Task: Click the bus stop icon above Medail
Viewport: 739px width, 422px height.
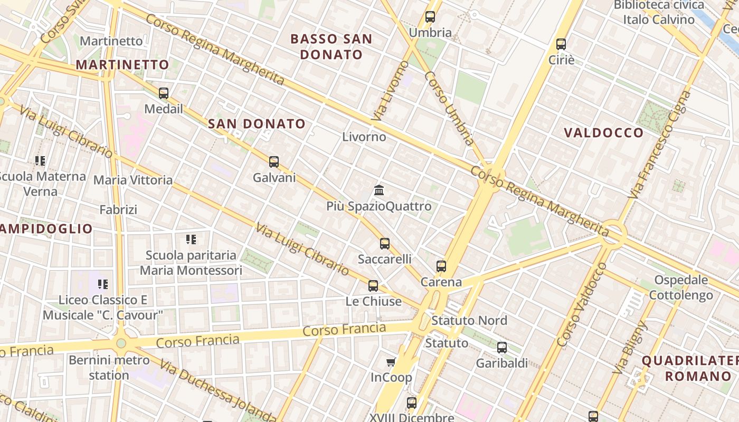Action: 164,93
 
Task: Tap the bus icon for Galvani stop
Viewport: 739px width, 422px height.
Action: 273,162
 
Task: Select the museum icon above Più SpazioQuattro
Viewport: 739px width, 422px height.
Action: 378,190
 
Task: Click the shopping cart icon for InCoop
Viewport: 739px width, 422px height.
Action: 391,362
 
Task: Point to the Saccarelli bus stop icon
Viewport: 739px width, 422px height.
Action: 385,244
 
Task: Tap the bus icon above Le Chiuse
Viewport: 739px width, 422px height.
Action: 373,286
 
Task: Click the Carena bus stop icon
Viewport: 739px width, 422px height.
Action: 441,266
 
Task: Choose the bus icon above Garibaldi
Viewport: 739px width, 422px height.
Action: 502,348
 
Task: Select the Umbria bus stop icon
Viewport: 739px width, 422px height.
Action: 430,17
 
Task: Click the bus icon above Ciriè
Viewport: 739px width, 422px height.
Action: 561,44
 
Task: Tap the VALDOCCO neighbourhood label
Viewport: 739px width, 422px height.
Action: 604,132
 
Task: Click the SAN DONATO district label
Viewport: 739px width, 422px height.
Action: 257,124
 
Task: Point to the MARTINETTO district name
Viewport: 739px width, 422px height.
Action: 122,65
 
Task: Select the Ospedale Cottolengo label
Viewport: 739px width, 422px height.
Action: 680,287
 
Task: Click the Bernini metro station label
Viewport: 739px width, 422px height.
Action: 109,368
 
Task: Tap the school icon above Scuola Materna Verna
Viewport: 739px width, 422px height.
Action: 40,160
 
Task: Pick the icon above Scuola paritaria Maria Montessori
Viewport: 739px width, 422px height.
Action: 191,239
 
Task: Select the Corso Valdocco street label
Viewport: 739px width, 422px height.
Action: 582,304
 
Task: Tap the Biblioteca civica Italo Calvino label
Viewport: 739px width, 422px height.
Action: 659,12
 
